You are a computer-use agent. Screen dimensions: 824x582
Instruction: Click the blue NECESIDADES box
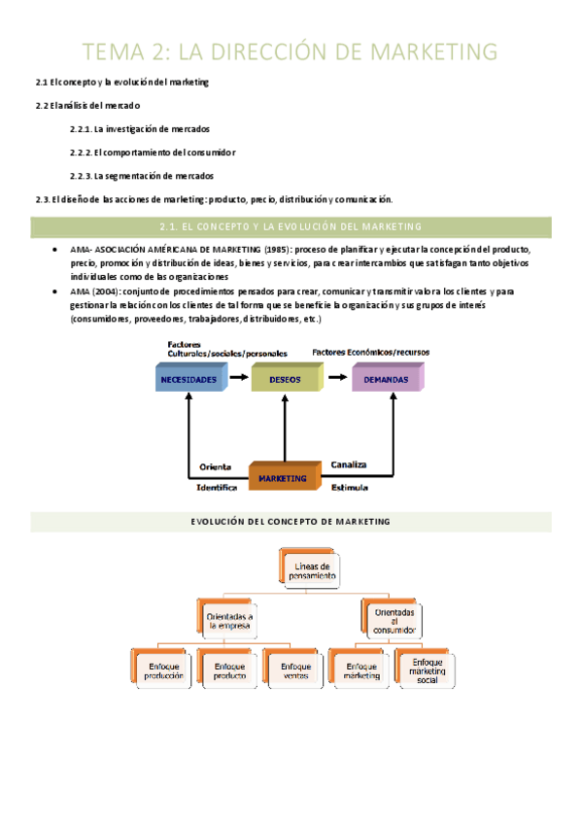(188, 379)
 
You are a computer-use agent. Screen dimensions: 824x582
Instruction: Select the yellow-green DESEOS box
(286, 379)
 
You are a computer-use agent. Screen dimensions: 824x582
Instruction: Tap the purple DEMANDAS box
(386, 379)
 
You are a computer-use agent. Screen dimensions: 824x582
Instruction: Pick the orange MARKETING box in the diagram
(283, 477)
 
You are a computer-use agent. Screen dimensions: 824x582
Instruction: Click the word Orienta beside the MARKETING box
(215, 465)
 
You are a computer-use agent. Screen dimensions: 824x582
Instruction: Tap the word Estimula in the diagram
(351, 487)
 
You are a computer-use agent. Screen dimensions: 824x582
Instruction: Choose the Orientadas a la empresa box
(229, 621)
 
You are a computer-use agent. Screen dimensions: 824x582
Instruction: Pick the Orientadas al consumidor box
(392, 620)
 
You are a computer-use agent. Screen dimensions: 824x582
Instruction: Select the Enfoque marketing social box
(427, 670)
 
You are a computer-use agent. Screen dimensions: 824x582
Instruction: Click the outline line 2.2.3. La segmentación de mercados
(142, 176)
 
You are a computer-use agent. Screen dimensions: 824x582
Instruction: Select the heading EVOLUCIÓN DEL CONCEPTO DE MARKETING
(291, 522)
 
